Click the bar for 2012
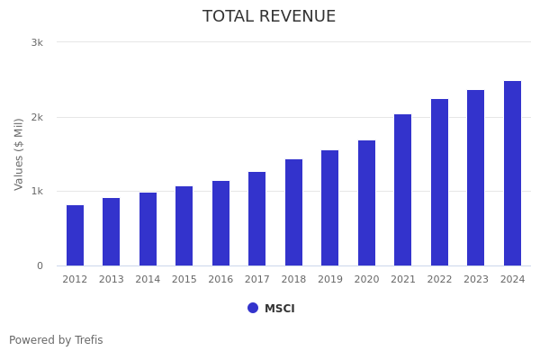point(75,235)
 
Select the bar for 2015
point(184,226)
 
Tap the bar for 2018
point(293,212)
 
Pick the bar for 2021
point(402,190)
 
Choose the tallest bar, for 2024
point(512,173)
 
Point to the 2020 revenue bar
point(366,202)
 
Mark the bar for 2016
point(220,223)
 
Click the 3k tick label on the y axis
point(37,42)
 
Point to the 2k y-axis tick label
point(37,117)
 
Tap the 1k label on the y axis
point(37,191)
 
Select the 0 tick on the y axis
point(40,265)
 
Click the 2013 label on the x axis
point(112,280)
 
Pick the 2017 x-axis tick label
point(257,280)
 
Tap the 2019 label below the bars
point(330,280)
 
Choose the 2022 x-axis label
point(439,280)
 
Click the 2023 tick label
point(476,280)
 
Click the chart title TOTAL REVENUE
point(269,17)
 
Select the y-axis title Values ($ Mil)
point(20,154)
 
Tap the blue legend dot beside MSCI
point(253,308)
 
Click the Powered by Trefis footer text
point(56,340)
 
